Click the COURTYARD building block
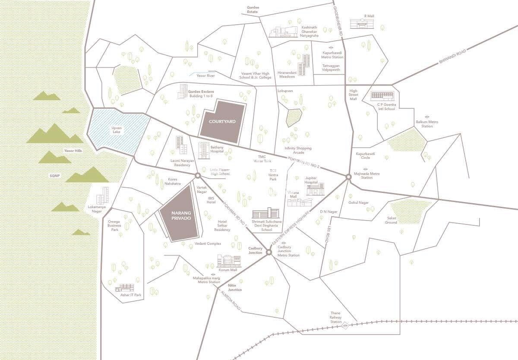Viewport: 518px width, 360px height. (x=222, y=122)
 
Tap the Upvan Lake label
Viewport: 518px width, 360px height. (x=116, y=130)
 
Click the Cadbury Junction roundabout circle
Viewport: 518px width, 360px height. (x=268, y=252)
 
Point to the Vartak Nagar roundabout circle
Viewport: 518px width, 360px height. (x=197, y=176)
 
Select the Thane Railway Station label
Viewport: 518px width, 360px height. (x=336, y=317)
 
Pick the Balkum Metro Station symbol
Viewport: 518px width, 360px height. (x=426, y=117)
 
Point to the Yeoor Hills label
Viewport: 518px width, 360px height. (x=73, y=151)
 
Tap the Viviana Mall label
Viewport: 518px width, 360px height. (x=293, y=194)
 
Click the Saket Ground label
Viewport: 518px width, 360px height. (x=391, y=220)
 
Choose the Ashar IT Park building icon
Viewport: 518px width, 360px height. (x=125, y=288)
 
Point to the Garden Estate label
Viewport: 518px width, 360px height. (x=252, y=9)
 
